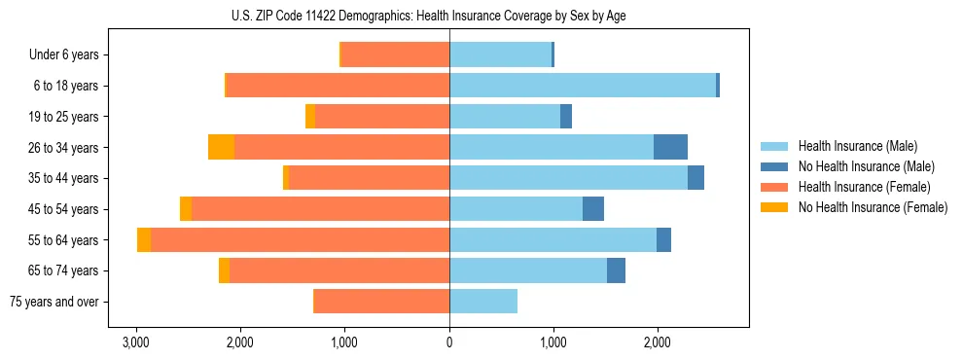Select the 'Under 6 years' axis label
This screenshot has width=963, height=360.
(70, 55)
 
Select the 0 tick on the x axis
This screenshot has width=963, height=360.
(449, 343)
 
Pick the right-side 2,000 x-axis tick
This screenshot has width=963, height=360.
(658, 343)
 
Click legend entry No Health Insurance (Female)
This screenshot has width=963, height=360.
(873, 207)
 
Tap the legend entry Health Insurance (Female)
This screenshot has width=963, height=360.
(865, 187)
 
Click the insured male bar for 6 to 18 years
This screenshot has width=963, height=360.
(583, 86)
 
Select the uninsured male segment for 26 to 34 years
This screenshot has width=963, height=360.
(670, 147)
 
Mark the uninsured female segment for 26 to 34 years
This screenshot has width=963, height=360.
(222, 147)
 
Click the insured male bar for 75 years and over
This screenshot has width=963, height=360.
(483, 302)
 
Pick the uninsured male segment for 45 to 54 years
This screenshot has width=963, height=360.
(593, 209)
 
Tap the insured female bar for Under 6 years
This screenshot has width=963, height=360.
(395, 54)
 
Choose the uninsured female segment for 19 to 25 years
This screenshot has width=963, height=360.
(310, 117)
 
